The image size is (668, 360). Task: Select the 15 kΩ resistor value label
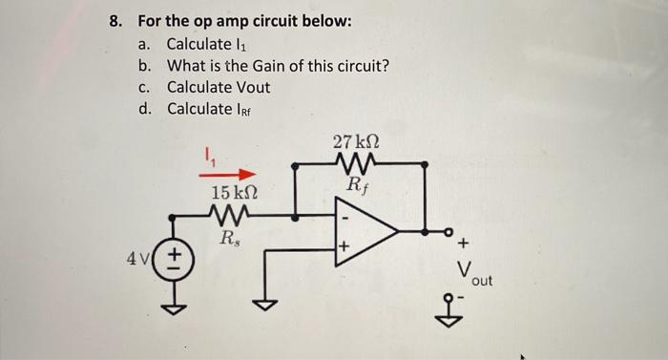(x=233, y=193)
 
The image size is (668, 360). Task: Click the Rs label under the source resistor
(x=230, y=239)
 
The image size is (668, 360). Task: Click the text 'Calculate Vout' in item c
(x=219, y=87)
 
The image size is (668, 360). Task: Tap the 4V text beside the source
(x=138, y=260)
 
